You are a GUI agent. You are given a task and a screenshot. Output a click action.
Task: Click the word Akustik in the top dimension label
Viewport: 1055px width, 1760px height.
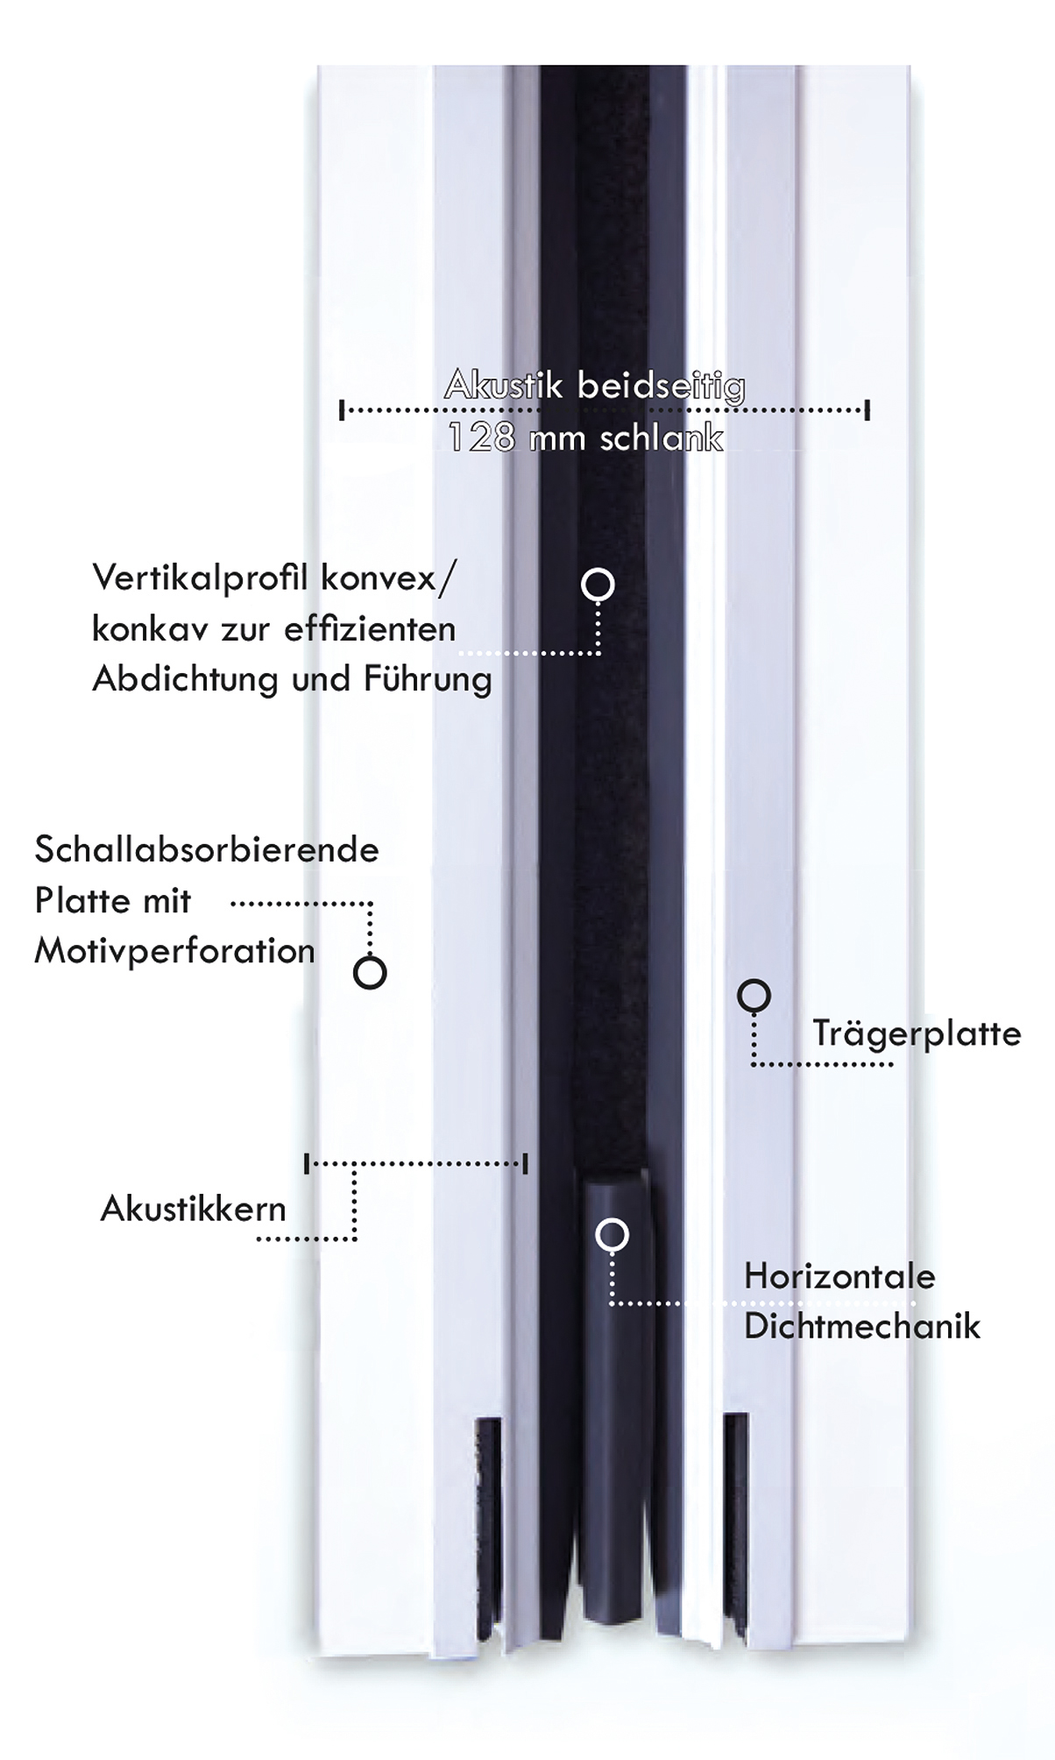coord(504,385)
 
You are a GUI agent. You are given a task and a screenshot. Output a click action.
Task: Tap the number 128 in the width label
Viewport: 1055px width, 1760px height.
coord(481,437)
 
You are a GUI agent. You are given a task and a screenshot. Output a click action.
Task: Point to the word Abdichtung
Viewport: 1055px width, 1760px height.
coord(185,678)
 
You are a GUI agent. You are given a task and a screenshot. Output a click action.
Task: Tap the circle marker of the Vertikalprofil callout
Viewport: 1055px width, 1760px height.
coord(598,584)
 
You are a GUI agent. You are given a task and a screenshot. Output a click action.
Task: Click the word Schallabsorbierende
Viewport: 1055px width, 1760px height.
coord(207,849)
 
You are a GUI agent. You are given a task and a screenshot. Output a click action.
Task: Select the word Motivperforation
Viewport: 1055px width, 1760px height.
coord(174,952)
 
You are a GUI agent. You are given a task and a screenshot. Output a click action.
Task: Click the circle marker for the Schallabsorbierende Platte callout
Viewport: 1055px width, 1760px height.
coord(370,972)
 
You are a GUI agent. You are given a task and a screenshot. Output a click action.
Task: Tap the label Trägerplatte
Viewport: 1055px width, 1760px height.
coord(917,1034)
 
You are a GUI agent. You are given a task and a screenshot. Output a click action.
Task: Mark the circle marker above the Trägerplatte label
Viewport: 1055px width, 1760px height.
coord(754,995)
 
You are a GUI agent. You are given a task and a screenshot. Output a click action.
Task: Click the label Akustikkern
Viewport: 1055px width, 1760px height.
coord(194,1209)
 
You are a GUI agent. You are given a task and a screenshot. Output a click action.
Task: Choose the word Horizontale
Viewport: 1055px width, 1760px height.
coord(839,1276)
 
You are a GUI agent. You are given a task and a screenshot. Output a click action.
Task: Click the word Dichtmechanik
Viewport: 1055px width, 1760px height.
coord(862,1326)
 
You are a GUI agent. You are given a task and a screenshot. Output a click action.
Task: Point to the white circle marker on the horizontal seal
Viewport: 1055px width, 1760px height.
coord(612,1234)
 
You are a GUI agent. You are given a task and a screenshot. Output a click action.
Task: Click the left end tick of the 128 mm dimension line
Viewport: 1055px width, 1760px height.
coord(342,409)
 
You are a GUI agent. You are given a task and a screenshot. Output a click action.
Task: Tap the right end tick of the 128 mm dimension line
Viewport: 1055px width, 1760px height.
coord(867,409)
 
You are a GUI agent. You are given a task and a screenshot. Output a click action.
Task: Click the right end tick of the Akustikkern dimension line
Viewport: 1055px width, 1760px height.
coord(525,1164)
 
